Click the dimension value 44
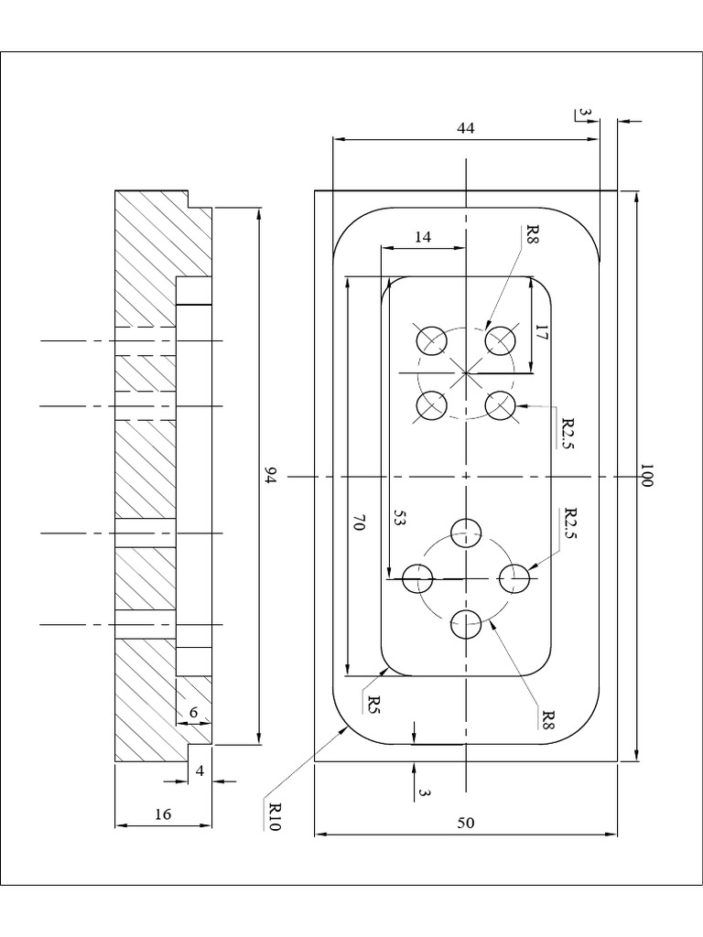pos(466,129)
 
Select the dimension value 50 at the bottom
pos(466,823)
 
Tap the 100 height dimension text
pos(646,476)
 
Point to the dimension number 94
pos(270,476)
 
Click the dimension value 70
pos(360,523)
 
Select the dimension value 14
pos(422,237)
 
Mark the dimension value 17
pos(542,334)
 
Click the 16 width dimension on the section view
pos(162,813)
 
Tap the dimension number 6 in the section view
pos(193,712)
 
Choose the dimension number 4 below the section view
pos(200,770)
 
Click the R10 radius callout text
pos(274,814)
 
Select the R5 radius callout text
pos(373,704)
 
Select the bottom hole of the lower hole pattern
pos(466,625)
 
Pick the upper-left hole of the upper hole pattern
pos(431,340)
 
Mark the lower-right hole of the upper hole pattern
pos(500,404)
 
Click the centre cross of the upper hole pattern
pos(466,372)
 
